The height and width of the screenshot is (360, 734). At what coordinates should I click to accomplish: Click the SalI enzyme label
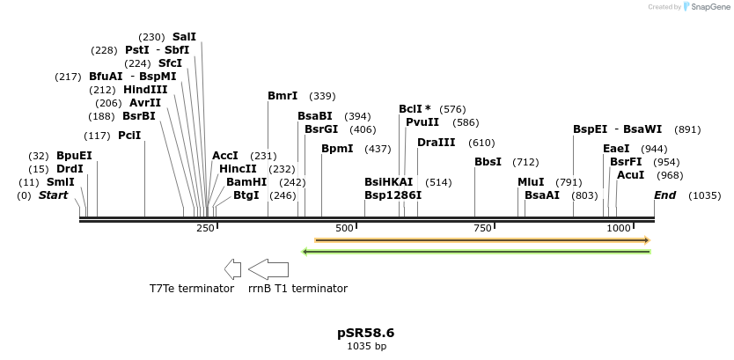coord(184,36)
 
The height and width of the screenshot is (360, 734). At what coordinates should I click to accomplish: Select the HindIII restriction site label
coord(145,89)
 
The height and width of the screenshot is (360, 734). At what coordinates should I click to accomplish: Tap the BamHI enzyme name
coord(246,181)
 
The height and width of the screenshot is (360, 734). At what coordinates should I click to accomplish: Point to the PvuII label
coord(423,122)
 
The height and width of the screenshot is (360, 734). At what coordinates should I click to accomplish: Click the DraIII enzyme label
coord(437,142)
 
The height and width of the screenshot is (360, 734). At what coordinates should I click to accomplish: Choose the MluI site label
coord(531,181)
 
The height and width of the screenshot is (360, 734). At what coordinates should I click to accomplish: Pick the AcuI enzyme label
coord(631,175)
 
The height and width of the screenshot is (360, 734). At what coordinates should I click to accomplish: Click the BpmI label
coord(337,149)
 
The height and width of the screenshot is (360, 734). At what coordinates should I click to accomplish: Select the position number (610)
coord(481,143)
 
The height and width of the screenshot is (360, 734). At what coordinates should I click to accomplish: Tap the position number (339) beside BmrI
coord(323,96)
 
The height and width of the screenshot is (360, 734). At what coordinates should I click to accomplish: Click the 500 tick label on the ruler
coord(344,228)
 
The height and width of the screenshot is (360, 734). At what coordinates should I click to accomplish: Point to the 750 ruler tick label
coord(481,228)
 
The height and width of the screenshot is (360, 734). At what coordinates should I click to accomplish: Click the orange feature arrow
coord(482,239)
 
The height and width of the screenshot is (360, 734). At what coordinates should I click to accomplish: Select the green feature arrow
coord(475,252)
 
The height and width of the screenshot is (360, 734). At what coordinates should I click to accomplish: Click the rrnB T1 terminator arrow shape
coord(268,268)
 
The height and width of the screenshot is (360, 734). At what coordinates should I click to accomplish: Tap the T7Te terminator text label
coord(192,288)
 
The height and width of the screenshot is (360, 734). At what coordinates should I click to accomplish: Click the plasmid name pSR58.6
coord(366,333)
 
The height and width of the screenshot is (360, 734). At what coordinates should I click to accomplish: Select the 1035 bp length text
coord(366,346)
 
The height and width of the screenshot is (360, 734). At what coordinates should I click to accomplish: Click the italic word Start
coord(53,195)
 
